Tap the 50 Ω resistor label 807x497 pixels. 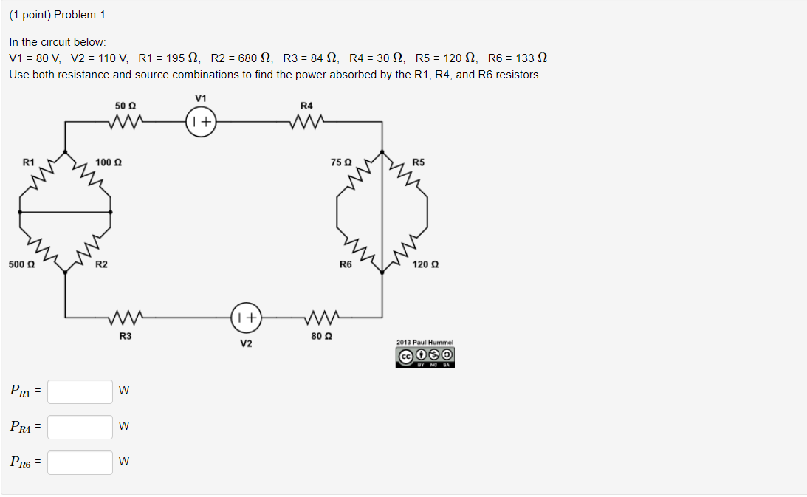126,106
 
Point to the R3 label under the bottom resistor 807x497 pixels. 126,337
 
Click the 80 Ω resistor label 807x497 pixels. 318,337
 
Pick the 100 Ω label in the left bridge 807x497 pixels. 109,162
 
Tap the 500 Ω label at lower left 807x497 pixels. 21,264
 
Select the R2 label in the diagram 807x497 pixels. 102,264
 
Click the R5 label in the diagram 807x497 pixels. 419,162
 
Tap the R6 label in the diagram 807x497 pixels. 345,264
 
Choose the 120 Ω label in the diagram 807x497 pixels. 426,264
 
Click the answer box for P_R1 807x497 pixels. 80,391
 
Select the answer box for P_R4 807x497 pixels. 80,427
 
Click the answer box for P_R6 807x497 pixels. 80,462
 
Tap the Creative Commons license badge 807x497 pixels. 425,357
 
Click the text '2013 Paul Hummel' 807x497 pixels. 425,343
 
